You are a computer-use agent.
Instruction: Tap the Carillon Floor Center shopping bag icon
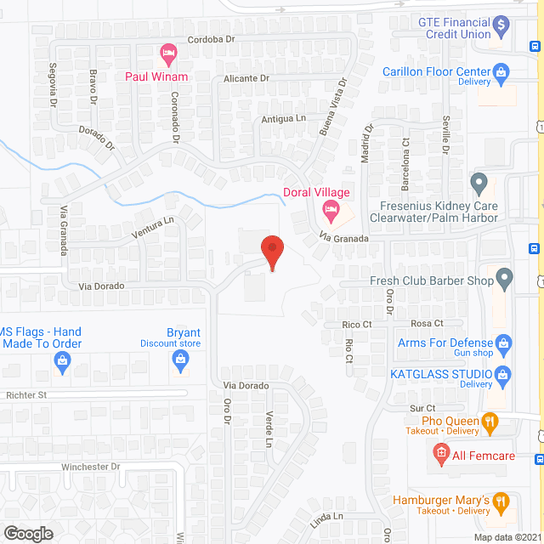[502, 72]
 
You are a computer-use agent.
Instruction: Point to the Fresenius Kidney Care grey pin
[479, 181]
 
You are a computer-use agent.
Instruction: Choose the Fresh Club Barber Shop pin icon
[504, 276]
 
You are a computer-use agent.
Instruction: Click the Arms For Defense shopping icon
[504, 343]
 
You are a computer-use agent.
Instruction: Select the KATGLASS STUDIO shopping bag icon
[502, 374]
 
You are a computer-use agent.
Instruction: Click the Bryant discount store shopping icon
[180, 360]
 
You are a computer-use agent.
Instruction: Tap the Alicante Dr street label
[246, 78]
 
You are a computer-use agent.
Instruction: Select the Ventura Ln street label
[152, 226]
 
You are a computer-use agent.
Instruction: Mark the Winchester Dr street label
[91, 467]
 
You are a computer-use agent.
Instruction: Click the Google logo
[27, 533]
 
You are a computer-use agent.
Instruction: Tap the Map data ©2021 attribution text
[507, 536]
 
